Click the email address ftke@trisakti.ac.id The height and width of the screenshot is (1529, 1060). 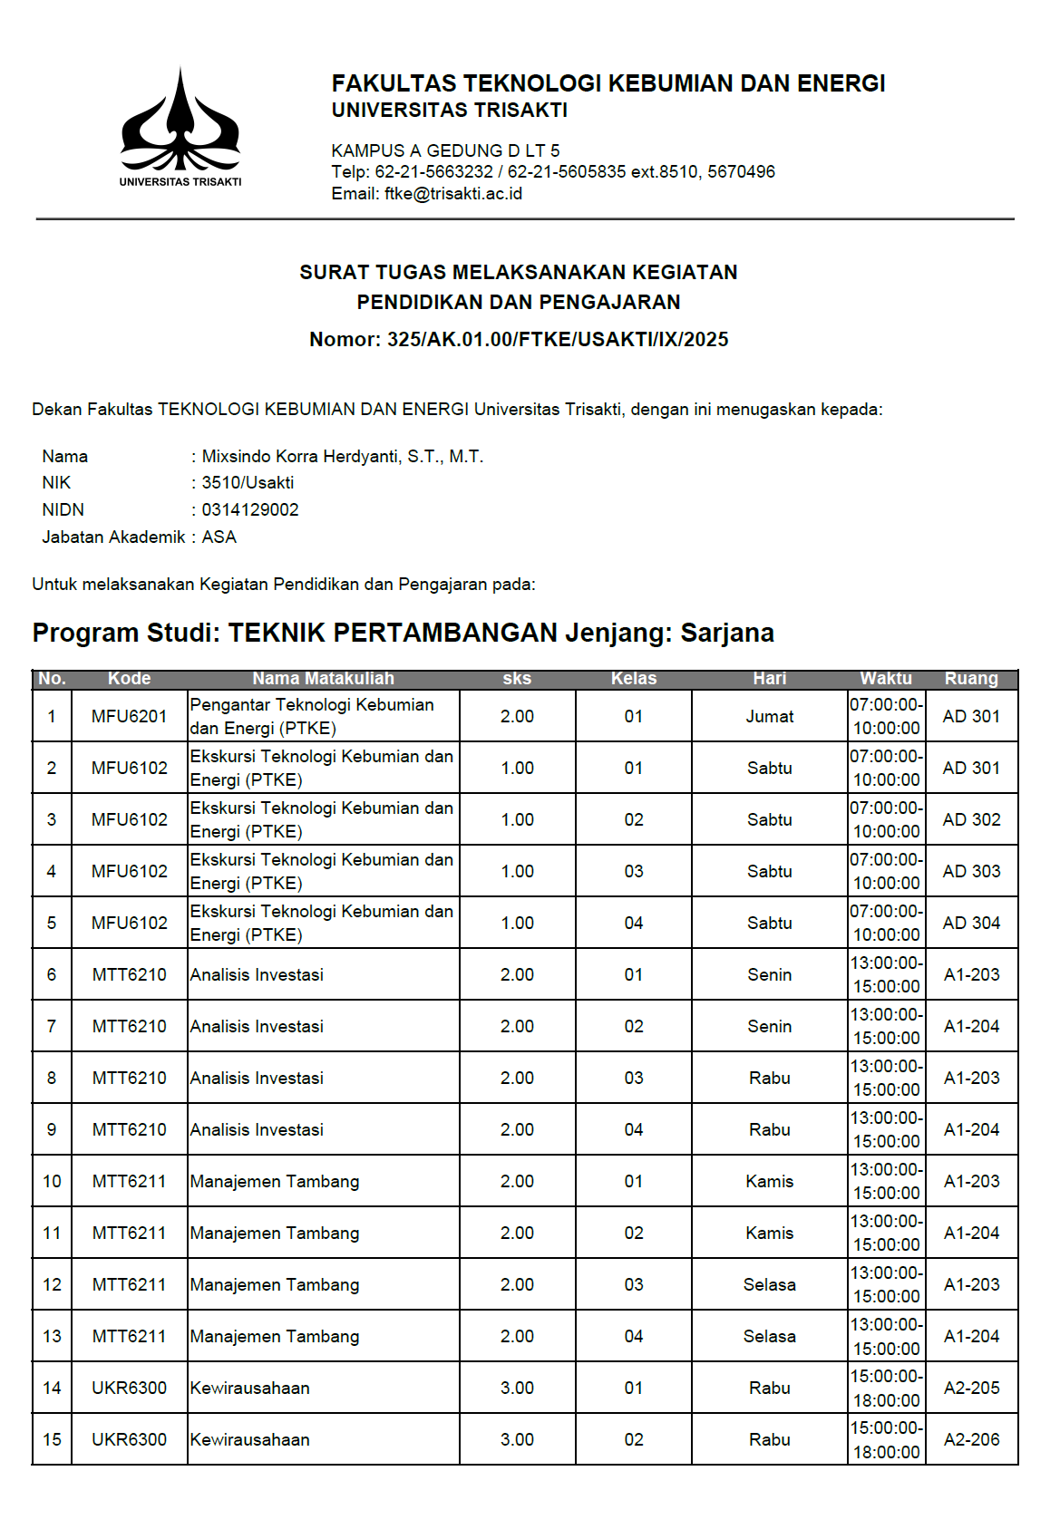tap(453, 194)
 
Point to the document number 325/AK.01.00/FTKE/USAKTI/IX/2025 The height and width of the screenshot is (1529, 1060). tap(558, 340)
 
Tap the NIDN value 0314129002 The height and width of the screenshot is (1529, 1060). tap(250, 510)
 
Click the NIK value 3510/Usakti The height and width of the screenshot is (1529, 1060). tap(248, 483)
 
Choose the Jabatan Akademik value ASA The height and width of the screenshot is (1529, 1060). tap(219, 537)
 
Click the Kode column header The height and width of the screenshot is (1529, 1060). tap(129, 679)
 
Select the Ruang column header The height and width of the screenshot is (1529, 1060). tap(971, 679)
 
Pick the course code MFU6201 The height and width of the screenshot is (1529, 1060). tap(129, 717)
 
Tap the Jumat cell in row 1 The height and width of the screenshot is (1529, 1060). tap(769, 717)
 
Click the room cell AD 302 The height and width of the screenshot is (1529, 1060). tap(971, 820)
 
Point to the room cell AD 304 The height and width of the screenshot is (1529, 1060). tap(971, 924)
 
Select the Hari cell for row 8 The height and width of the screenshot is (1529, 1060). tap(769, 1079)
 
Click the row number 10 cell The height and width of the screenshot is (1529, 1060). tap(52, 1182)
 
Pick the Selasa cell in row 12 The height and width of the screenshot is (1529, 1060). tap(769, 1285)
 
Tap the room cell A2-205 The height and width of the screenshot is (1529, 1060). tap(971, 1389)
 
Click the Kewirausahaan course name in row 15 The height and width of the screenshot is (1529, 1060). tap(250, 1440)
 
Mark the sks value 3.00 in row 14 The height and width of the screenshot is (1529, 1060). tap(517, 1389)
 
